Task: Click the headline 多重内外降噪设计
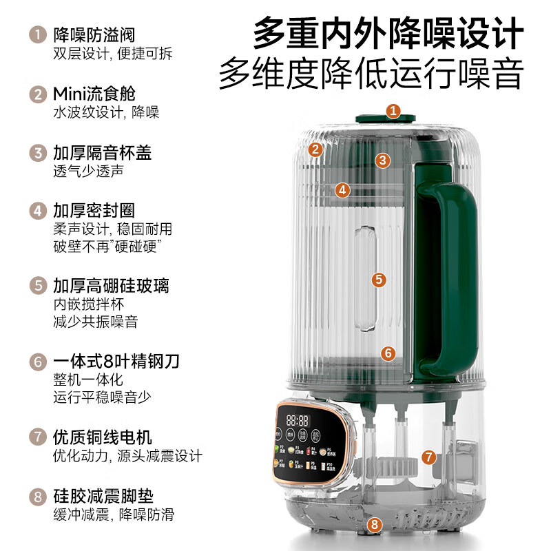tap(388, 33)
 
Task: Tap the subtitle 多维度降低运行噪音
tap(371, 74)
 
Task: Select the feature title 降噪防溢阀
tap(93, 33)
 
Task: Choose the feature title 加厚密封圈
tap(93, 209)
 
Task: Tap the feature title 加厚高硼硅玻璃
tap(111, 284)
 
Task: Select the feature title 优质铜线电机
tap(102, 437)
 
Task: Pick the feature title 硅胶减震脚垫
tap(102, 496)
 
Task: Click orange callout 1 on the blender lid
tap(393, 111)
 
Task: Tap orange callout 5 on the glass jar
tap(378, 280)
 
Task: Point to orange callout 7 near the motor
tap(429, 457)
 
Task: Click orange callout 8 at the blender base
tap(374, 525)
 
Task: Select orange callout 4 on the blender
tap(343, 190)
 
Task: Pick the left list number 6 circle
tap(36, 361)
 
